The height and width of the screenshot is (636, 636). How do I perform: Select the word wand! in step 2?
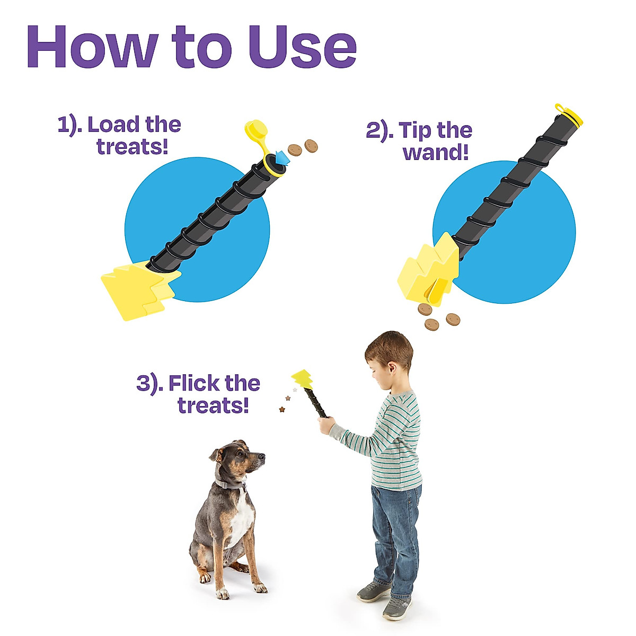[x=436, y=153]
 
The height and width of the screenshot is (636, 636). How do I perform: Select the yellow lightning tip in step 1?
[x=135, y=289]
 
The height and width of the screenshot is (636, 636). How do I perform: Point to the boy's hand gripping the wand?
[x=325, y=423]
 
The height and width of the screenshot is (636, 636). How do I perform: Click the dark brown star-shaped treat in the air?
[x=282, y=409]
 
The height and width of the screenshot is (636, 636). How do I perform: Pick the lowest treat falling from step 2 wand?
[x=432, y=325]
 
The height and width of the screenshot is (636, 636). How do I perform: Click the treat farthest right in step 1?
[x=311, y=145]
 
